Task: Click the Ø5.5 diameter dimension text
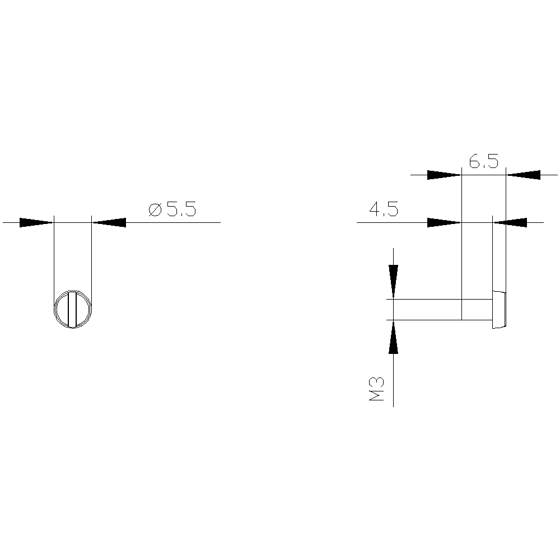(172, 209)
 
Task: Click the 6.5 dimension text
(484, 161)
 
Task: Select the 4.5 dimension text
(384, 209)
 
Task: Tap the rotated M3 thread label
(377, 389)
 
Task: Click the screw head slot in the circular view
(72, 309)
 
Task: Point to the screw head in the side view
(500, 309)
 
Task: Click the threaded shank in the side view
(443, 309)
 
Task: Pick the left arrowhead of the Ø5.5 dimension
(36, 222)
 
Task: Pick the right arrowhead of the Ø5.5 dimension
(109, 222)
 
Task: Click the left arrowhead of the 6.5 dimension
(444, 175)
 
